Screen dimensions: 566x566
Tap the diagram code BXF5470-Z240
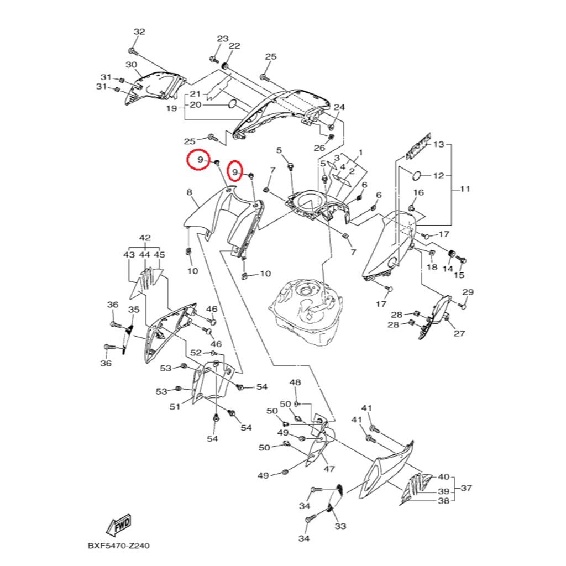coord(118,546)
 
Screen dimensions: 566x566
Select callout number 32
coord(139,32)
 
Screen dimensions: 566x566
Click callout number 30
coord(131,65)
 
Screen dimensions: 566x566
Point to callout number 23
coord(222,39)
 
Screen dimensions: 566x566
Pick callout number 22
coord(234,46)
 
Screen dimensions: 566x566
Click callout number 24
coord(339,107)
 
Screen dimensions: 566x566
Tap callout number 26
coord(319,148)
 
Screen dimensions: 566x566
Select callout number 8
coord(189,192)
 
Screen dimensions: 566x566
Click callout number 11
coord(464,189)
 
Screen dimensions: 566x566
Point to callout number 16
coord(418,193)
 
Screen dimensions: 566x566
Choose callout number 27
coord(459,333)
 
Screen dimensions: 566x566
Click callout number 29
coord(468,292)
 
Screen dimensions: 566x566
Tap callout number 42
coord(145,238)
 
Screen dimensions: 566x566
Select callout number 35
coord(134,310)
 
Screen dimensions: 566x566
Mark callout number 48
coord(295,382)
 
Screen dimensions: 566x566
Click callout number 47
coord(329,469)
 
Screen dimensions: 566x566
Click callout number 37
coord(467,488)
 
